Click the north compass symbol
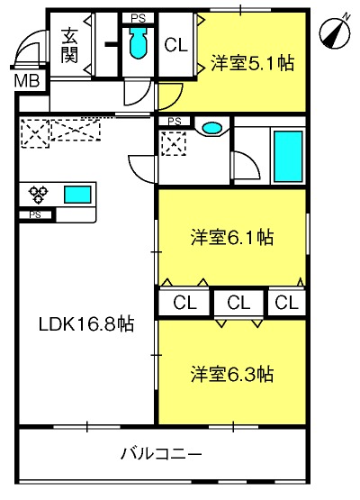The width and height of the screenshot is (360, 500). coord(335,32)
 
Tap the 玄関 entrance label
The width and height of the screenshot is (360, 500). coord(69,46)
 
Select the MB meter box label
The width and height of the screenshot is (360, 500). coord(27,81)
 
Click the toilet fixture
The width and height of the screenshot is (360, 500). coord(138,42)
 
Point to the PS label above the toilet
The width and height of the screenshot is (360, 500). coord(139,19)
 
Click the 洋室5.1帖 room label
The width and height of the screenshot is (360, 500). coord(252,63)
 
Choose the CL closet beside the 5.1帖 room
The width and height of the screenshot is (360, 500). coord(175,45)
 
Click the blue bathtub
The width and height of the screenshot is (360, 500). coord(288,156)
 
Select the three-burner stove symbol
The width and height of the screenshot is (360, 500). coord(38,195)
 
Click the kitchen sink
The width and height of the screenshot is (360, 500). coord(77,195)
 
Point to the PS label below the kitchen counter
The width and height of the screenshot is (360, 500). coord(35,215)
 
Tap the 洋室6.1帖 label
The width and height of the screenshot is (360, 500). coord(232,237)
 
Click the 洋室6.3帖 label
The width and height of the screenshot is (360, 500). coord(232,375)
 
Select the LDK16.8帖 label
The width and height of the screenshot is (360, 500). coord(86,324)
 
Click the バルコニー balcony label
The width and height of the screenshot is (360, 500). coord(161,453)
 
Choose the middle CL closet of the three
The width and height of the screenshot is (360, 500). coord(238,303)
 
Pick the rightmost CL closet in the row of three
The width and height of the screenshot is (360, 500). coord(287,303)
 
